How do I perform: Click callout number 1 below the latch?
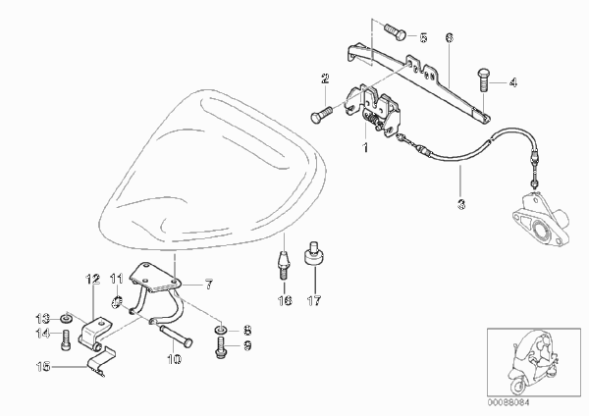pyautogui.click(x=365, y=147)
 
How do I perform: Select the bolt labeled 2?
pyautogui.click(x=321, y=114)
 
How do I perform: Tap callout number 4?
pyautogui.click(x=512, y=82)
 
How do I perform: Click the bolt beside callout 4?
pyautogui.click(x=483, y=79)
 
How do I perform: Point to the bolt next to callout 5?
pyautogui.click(x=395, y=31)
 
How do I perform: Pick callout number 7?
pyautogui.click(x=208, y=285)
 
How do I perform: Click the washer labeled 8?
pyautogui.click(x=220, y=331)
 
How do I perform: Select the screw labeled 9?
pyautogui.click(x=221, y=347)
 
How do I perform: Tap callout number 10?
pyautogui.click(x=174, y=359)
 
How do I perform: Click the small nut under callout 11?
pyautogui.click(x=117, y=301)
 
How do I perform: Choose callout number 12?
pyautogui.click(x=93, y=280)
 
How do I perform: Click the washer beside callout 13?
pyautogui.click(x=67, y=319)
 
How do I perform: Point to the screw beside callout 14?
pyautogui.click(x=66, y=339)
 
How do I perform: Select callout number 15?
pyautogui.click(x=43, y=366)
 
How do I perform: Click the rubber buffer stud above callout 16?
pyautogui.click(x=284, y=266)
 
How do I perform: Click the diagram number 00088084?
pyautogui.click(x=509, y=402)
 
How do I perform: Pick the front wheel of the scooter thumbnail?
pyautogui.click(x=517, y=386)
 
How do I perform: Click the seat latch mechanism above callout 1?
pyautogui.click(x=373, y=111)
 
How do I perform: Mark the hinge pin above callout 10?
pyautogui.click(x=176, y=335)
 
